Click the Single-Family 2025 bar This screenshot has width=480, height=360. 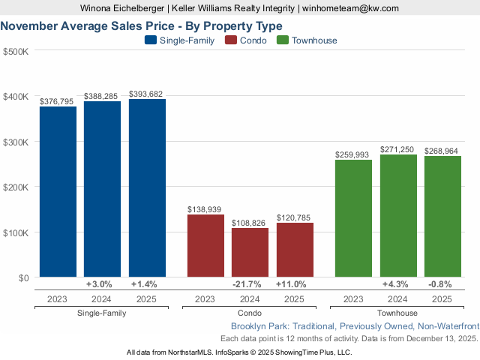coord(147,188)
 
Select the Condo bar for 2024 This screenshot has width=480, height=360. coord(250,253)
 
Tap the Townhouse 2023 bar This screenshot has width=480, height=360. coord(353,218)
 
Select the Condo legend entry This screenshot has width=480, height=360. coord(245,40)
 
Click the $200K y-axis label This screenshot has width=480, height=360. coord(16,187)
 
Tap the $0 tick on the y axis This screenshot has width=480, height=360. coord(22,277)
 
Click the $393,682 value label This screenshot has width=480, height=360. coord(146,94)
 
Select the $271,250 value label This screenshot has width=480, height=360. coord(398,150)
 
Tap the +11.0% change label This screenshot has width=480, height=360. coord(295,284)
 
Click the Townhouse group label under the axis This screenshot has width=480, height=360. coord(397,313)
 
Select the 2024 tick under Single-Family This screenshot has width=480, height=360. coord(102,298)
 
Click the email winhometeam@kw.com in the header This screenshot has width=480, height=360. coord(348,8)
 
